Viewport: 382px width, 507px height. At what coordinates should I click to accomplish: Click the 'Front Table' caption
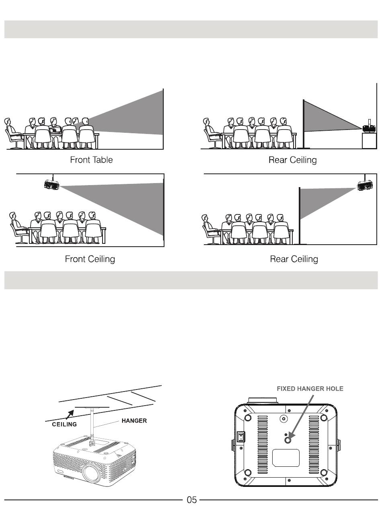91,160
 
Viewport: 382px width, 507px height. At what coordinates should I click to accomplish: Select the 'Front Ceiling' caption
90,259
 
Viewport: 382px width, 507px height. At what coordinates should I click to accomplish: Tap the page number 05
191,500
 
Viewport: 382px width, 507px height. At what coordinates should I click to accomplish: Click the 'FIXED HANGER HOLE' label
310,389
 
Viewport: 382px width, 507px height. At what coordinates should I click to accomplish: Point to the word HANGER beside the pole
134,420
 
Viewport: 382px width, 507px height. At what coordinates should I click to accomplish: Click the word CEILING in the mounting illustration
64,424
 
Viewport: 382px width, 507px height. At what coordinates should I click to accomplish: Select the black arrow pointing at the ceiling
70,414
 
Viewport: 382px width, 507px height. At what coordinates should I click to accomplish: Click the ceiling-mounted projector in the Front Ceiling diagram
52,185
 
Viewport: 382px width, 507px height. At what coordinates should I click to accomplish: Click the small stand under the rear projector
369,140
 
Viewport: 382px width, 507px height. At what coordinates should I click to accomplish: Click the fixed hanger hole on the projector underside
288,440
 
